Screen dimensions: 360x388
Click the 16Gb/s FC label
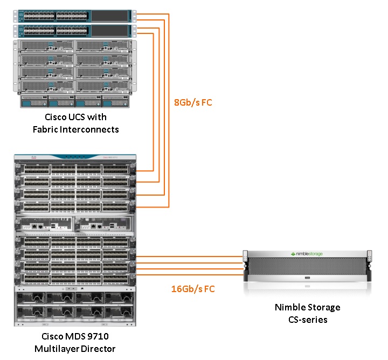click(193, 289)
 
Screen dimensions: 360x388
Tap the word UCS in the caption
click(85, 117)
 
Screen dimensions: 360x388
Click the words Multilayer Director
click(75, 349)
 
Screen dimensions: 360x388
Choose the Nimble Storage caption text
click(308, 307)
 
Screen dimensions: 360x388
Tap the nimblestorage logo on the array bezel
click(308, 253)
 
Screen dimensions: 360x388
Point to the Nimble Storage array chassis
click(308, 266)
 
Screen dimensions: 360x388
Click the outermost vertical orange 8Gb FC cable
click(169, 108)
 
